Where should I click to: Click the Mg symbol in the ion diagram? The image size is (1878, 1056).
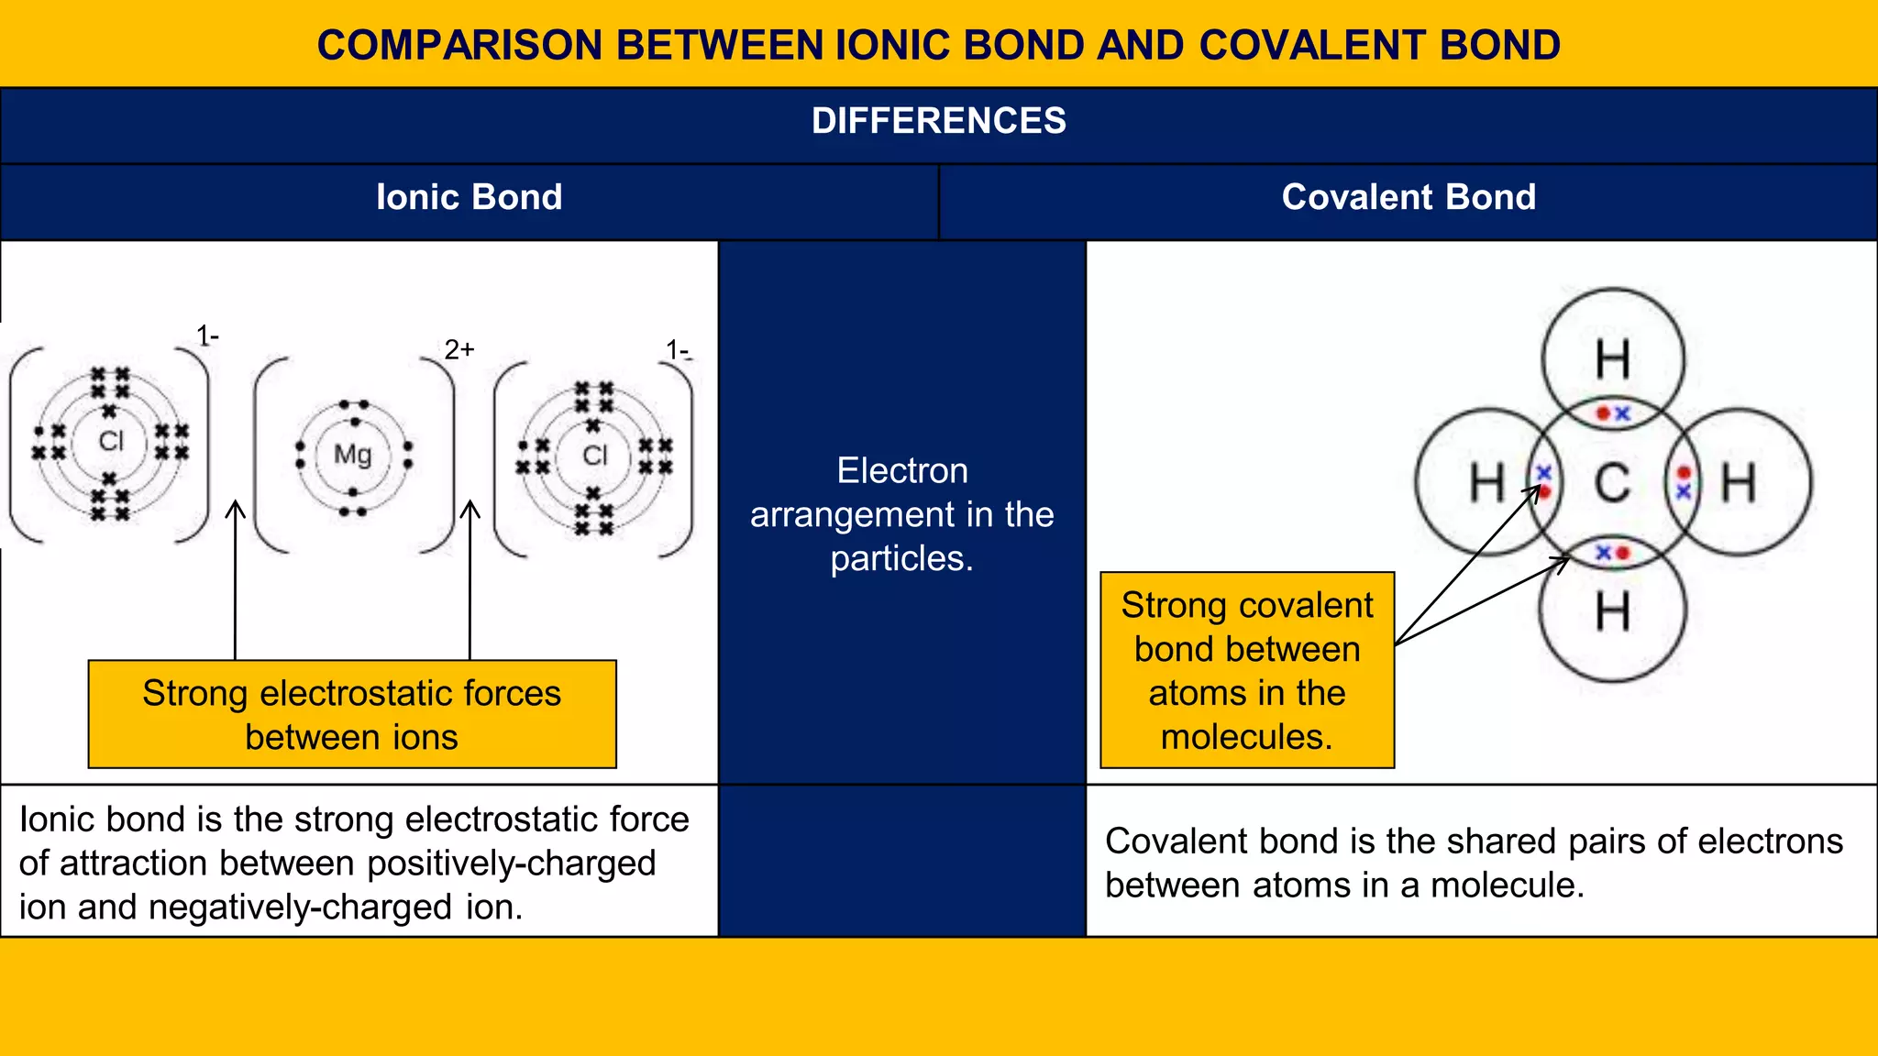tap(352, 454)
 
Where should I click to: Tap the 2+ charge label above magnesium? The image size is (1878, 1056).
tap(458, 349)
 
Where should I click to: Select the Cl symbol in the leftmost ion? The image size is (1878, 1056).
tap(111, 441)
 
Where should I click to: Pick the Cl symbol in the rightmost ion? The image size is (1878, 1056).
tap(595, 455)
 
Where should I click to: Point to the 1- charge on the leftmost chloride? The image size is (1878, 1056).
tap(207, 336)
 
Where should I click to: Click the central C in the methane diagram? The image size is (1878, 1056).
tap(1612, 483)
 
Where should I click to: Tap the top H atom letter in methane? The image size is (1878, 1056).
tap(1613, 359)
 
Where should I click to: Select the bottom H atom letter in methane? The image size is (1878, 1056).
tap(1613, 611)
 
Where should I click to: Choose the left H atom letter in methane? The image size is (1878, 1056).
tap(1486, 483)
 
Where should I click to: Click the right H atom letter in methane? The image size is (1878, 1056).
tap(1738, 483)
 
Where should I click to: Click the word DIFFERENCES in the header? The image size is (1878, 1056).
tap(938, 121)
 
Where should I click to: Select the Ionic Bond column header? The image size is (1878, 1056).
tap(469, 197)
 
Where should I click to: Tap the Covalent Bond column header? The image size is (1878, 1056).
tap(1408, 197)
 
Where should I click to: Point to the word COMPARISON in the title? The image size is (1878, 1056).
tap(458, 45)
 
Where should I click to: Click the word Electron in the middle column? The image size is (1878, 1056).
tap(902, 470)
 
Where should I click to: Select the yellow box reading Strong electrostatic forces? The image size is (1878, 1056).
tap(352, 714)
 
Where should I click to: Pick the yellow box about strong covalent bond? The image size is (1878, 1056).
tap(1247, 670)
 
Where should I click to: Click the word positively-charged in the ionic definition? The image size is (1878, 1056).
tap(511, 863)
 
